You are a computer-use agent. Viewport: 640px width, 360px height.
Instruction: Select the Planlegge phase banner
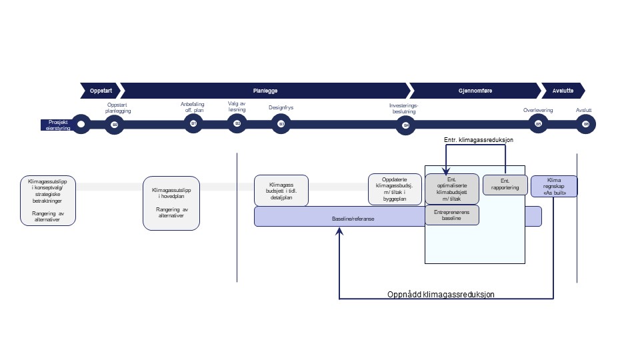[x=265, y=90]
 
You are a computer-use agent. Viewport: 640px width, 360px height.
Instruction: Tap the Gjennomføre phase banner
[x=475, y=90]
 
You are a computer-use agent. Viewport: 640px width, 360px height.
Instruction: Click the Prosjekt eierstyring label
[x=59, y=124]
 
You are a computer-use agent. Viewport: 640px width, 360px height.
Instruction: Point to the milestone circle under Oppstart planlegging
[x=115, y=124]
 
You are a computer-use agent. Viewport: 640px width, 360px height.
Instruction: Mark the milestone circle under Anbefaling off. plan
[x=193, y=124]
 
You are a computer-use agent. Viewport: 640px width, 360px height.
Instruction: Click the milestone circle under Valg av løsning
[x=237, y=124]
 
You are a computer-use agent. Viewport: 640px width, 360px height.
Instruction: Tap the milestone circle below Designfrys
[x=281, y=124]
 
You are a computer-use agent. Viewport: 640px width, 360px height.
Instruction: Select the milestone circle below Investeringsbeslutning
[x=403, y=124]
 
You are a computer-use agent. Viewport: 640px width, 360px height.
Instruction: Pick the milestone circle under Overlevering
[x=537, y=124]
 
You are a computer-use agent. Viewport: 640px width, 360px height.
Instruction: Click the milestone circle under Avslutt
[x=586, y=124]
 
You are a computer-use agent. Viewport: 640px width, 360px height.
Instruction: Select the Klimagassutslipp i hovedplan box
[x=171, y=203]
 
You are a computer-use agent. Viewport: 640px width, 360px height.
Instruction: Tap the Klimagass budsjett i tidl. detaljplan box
[x=281, y=190]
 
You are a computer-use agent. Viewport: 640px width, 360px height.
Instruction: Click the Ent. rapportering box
[x=505, y=184]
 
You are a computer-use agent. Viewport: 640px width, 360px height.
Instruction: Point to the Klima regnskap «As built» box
[x=553, y=185]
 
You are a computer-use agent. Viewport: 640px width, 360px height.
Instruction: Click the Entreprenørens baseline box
[x=451, y=215]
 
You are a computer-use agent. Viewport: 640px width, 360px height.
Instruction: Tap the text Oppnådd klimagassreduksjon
[x=441, y=294]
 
